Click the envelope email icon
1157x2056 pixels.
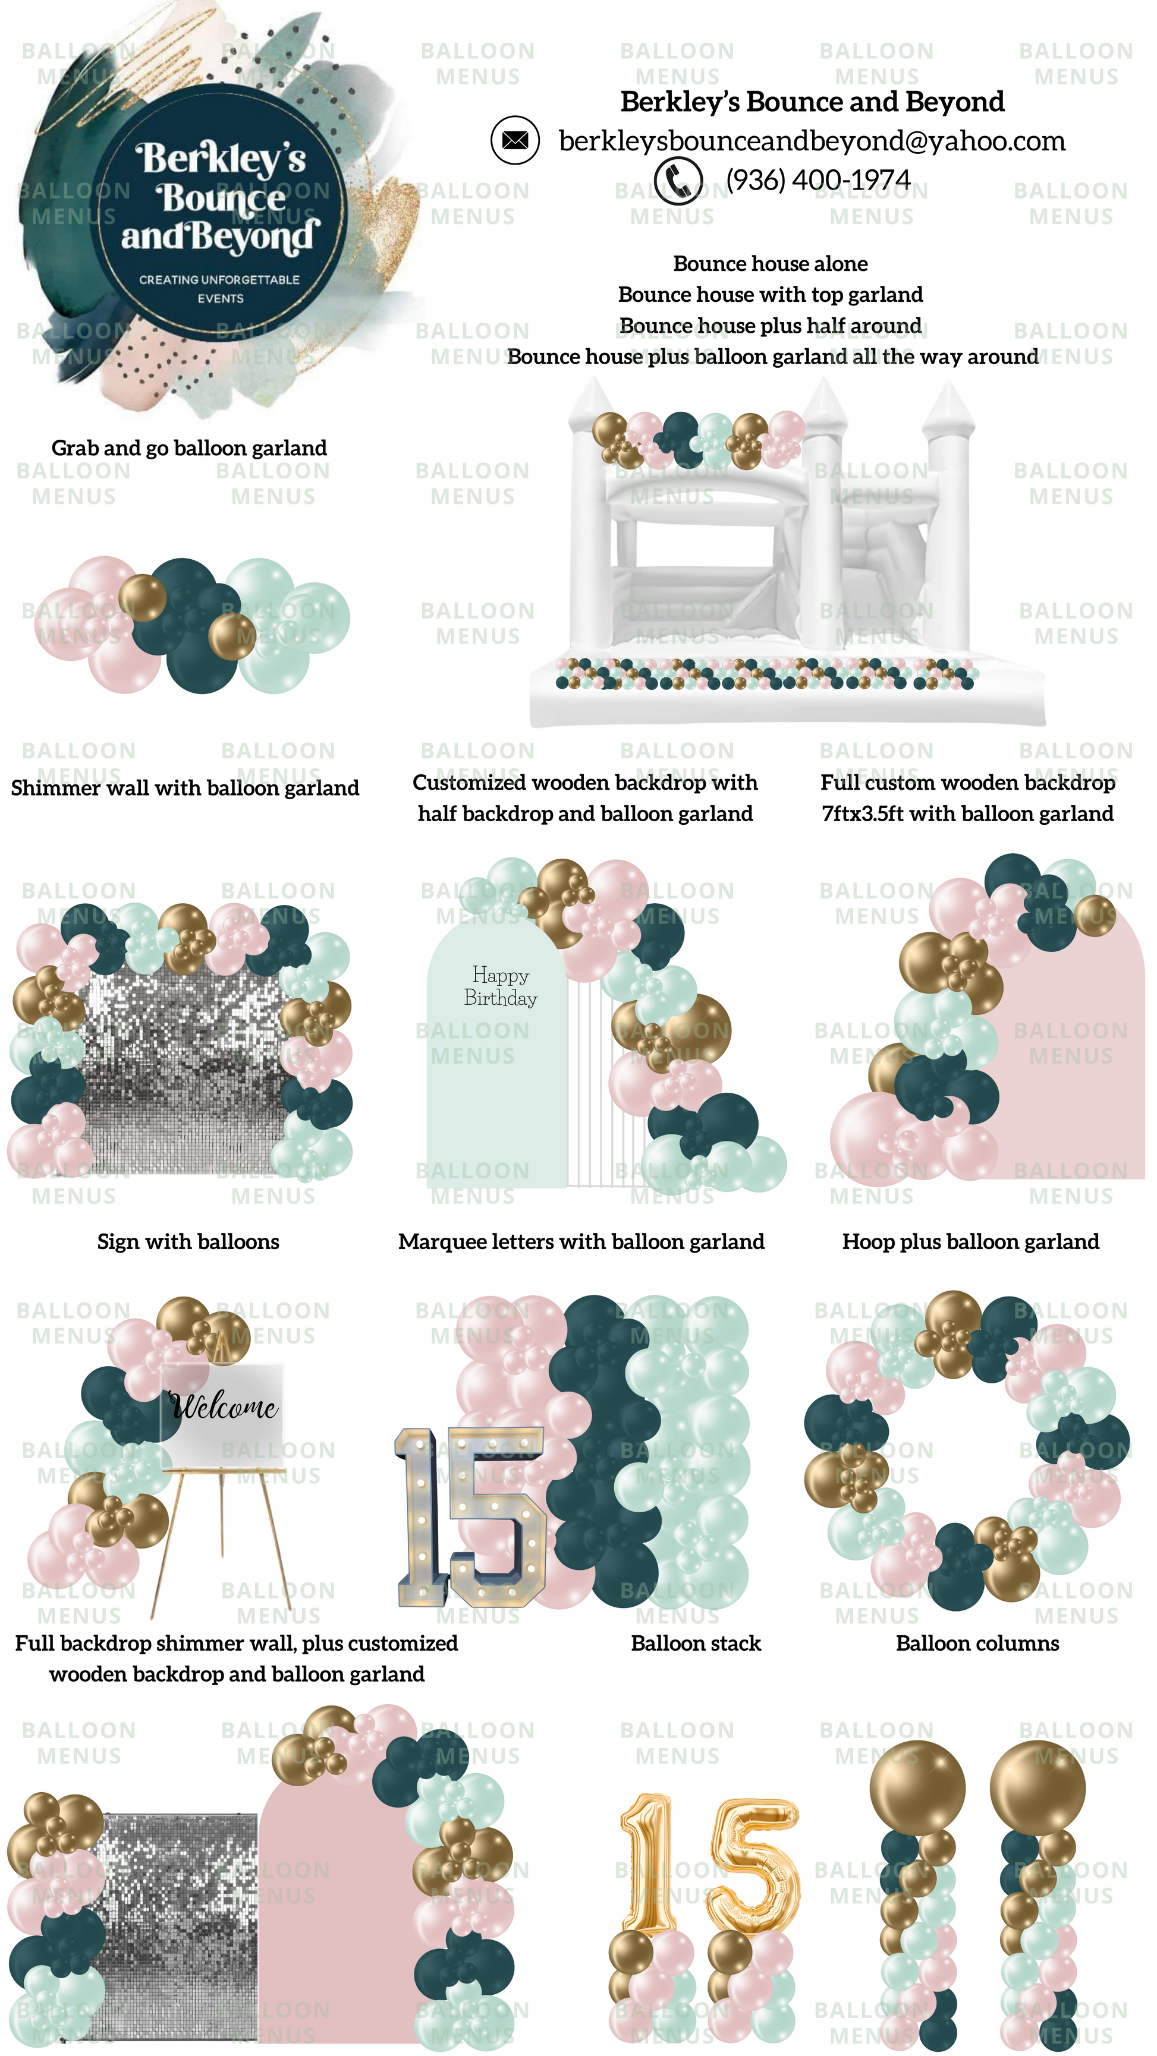coord(515,140)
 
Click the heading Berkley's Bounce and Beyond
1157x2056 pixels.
coord(812,102)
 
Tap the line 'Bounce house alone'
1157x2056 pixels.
coord(771,263)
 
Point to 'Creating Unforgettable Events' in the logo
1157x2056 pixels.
coord(219,289)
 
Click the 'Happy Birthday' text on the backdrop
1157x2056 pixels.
coord(501,986)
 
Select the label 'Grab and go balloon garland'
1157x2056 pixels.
coord(189,448)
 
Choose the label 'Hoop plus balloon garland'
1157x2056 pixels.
coord(970,1241)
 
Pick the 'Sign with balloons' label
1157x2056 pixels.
coord(188,1241)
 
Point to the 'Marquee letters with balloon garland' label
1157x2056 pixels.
coord(581,1241)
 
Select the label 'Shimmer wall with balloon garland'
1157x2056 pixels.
coord(186,788)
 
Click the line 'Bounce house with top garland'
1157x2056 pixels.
coord(771,295)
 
